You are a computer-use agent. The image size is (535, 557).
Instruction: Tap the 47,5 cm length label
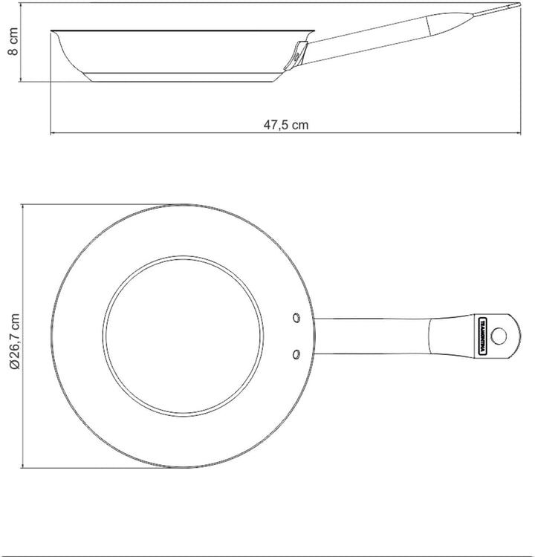click(286, 125)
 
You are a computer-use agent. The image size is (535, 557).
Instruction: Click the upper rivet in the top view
click(296, 318)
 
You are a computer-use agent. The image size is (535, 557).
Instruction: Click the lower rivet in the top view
click(296, 354)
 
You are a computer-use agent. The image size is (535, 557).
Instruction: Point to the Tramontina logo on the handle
click(481, 336)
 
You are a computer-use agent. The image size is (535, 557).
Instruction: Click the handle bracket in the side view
click(297, 54)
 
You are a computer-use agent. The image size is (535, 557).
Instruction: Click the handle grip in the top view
click(461, 336)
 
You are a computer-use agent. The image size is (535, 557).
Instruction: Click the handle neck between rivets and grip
click(372, 336)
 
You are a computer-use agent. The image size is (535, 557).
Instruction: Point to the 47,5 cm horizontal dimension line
click(186, 134)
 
